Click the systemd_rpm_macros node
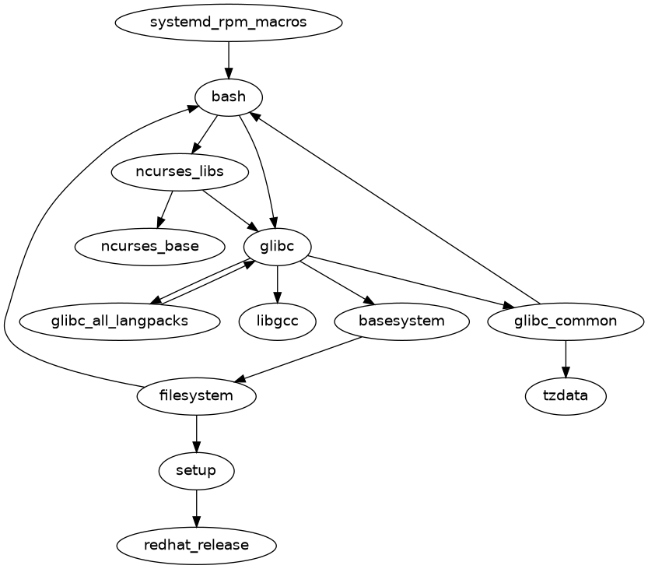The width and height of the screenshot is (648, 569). [229, 23]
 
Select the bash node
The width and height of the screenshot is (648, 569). [229, 97]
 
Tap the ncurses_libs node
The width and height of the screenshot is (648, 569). [180, 172]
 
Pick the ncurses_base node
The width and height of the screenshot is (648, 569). [149, 247]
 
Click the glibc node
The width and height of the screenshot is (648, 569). [278, 247]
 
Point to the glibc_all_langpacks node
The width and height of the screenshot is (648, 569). [119, 321]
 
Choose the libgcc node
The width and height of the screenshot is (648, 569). [278, 321]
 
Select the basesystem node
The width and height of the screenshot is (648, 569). [401, 321]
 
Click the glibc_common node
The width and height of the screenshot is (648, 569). [566, 321]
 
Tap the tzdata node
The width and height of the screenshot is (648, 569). [566, 396]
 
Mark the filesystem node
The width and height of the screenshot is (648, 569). [197, 396]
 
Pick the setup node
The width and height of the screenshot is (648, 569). [197, 471]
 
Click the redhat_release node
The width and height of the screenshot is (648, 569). [197, 546]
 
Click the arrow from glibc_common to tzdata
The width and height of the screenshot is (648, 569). [566, 358]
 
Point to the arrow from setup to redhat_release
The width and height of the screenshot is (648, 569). [197, 508]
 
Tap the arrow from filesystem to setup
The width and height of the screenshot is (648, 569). [197, 433]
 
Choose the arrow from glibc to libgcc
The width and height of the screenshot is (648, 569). [278, 283]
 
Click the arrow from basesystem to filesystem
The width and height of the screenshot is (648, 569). [299, 359]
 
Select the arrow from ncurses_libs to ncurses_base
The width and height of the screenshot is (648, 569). [165, 209]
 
